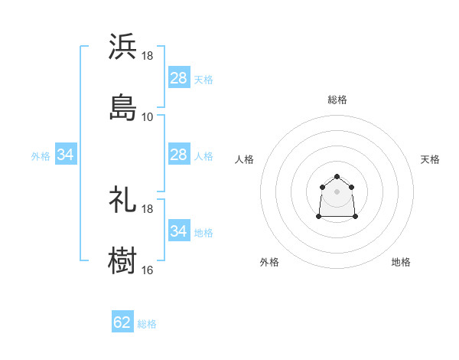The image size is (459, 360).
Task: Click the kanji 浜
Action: click(x=122, y=47)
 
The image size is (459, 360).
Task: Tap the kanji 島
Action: click(x=122, y=106)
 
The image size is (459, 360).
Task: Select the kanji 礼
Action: click(x=122, y=199)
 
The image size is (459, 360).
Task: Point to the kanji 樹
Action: click(x=122, y=260)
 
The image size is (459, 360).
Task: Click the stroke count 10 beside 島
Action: click(x=147, y=116)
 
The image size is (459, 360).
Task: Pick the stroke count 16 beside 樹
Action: click(x=147, y=270)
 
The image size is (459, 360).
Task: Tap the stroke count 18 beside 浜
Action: click(x=147, y=57)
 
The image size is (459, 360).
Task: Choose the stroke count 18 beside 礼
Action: click(x=147, y=209)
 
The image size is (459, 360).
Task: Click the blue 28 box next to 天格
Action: click(x=178, y=78)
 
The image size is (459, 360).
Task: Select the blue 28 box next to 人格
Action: click(x=178, y=155)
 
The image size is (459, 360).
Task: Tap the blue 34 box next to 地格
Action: click(x=178, y=231)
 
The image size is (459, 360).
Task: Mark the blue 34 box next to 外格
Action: click(x=66, y=155)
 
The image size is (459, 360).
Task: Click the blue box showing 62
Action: click(x=122, y=322)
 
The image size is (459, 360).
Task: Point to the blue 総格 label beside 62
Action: click(x=147, y=324)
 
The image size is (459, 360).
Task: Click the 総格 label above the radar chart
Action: click(x=337, y=100)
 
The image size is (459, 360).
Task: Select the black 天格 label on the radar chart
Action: click(x=430, y=159)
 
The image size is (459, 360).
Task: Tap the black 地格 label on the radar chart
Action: click(x=401, y=262)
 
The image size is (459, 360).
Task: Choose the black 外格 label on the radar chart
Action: click(x=269, y=262)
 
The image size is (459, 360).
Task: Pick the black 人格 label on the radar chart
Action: click(x=245, y=159)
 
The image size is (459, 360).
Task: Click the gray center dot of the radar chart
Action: click(x=337, y=191)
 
